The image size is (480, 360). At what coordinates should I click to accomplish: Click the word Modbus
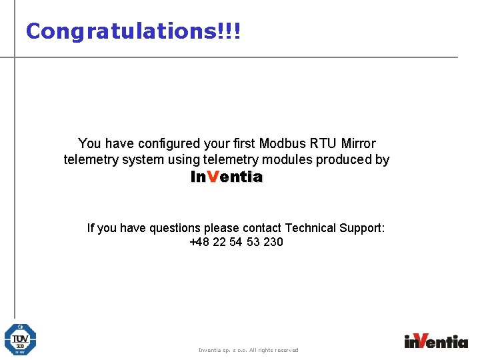click(x=281, y=143)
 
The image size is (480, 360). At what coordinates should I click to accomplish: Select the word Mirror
click(x=358, y=143)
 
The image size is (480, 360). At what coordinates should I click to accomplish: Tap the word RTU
click(x=322, y=143)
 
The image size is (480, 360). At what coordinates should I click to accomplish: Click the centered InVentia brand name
click(x=227, y=177)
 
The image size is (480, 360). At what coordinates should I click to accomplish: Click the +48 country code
click(x=199, y=242)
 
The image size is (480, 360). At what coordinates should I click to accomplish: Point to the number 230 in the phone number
click(x=273, y=242)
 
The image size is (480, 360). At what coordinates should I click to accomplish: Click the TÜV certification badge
click(x=20, y=339)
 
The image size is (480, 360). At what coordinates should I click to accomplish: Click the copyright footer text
click(x=249, y=350)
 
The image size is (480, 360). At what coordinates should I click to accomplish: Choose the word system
click(x=144, y=160)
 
